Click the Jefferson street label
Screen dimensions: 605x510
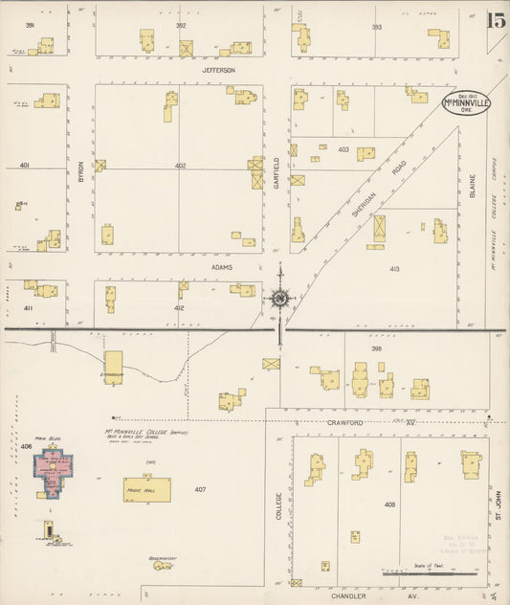coord(218,70)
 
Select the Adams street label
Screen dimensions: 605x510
coord(223,269)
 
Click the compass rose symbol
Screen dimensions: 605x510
coord(279,299)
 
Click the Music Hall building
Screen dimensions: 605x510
coord(147,489)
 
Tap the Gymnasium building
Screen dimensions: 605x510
coord(114,367)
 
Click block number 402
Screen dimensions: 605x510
coord(180,166)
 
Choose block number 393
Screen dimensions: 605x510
coord(376,28)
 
